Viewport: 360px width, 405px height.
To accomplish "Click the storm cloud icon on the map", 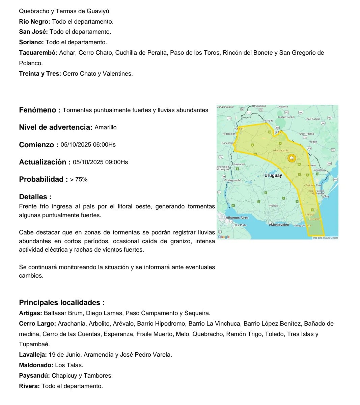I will click(291, 158).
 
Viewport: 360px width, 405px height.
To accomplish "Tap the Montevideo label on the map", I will click(280, 225).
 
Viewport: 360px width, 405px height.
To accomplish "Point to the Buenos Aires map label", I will click(238, 218).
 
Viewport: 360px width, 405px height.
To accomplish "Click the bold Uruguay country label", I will click(273, 175).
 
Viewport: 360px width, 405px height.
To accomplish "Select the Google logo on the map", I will click(224, 237).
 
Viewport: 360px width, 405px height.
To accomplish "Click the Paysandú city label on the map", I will click(240, 164).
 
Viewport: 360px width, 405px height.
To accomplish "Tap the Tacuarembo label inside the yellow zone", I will click(282, 150).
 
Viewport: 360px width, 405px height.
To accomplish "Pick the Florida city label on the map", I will click(274, 205).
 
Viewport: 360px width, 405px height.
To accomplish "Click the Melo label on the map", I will click(313, 166).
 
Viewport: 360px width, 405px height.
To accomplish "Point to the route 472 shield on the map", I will click(249, 112).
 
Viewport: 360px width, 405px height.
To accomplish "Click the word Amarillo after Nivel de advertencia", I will click(106, 127).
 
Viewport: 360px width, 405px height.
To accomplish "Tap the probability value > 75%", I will click(79, 179).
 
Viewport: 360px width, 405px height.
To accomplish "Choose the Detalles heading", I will click(35, 197).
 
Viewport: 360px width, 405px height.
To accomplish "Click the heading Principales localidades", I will click(62, 302).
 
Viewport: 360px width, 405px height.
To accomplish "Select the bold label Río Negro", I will click(34, 22).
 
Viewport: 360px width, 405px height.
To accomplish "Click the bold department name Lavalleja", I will click(33, 355).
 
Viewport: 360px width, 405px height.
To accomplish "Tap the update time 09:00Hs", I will click(116, 162).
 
